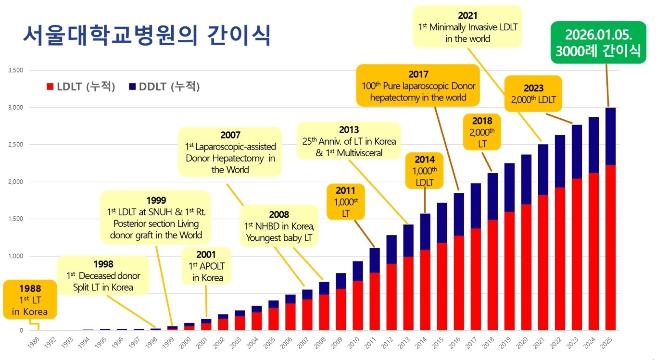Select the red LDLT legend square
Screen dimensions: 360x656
[x=50, y=87]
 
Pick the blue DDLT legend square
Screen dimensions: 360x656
[x=133, y=87]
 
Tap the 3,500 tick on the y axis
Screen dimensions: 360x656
[x=16, y=70]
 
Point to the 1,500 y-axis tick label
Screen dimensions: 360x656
[x=16, y=219]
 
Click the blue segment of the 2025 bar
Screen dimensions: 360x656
[x=610, y=137]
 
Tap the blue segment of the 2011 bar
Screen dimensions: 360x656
[x=374, y=260]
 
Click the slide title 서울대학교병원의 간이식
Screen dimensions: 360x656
[x=147, y=37]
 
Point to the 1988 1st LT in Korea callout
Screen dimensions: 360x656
[x=30, y=300]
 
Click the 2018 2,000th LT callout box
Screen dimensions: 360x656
[x=482, y=132]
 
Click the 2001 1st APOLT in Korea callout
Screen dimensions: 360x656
[x=207, y=266]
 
